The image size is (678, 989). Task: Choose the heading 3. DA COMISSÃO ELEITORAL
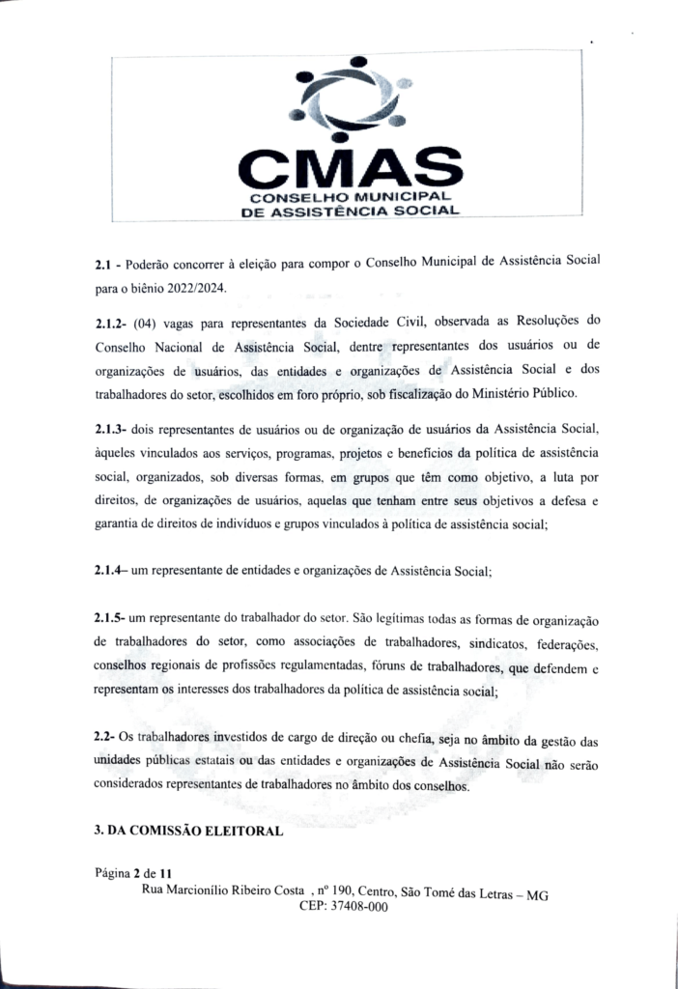[x=188, y=830]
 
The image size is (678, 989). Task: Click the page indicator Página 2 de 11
[x=133, y=873]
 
